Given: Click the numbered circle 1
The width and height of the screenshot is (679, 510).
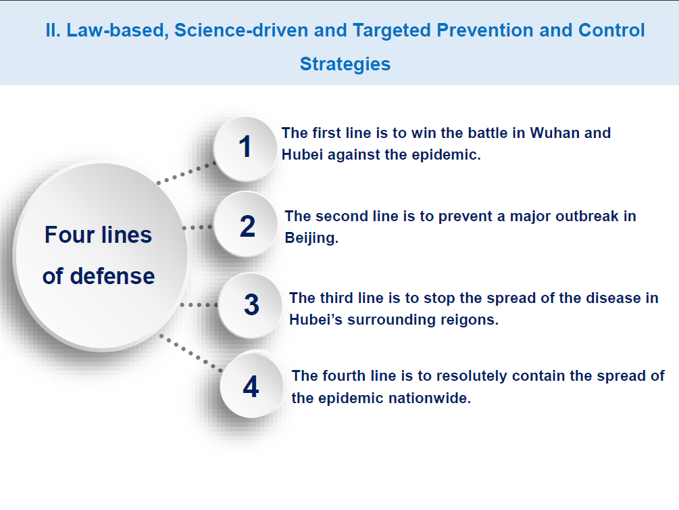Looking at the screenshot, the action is [245, 148].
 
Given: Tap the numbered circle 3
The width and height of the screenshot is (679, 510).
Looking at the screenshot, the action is [250, 305].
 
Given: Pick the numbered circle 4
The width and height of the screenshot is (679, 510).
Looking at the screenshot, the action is [251, 385].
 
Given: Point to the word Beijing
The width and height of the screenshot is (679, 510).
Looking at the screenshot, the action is [311, 238].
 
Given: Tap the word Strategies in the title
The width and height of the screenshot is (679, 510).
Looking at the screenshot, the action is [345, 64].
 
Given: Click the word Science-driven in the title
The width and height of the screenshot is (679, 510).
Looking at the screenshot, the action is [241, 30].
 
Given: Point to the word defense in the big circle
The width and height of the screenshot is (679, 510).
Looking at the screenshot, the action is [113, 276].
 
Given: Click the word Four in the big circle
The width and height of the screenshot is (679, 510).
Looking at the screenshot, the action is [70, 235].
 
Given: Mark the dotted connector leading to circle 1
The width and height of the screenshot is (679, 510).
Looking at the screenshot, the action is [186, 173].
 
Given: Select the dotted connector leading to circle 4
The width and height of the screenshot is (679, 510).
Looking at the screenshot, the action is [191, 353].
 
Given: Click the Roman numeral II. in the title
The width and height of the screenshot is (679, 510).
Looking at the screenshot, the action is [53, 30].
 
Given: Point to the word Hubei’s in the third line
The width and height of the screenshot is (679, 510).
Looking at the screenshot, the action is [316, 320].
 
